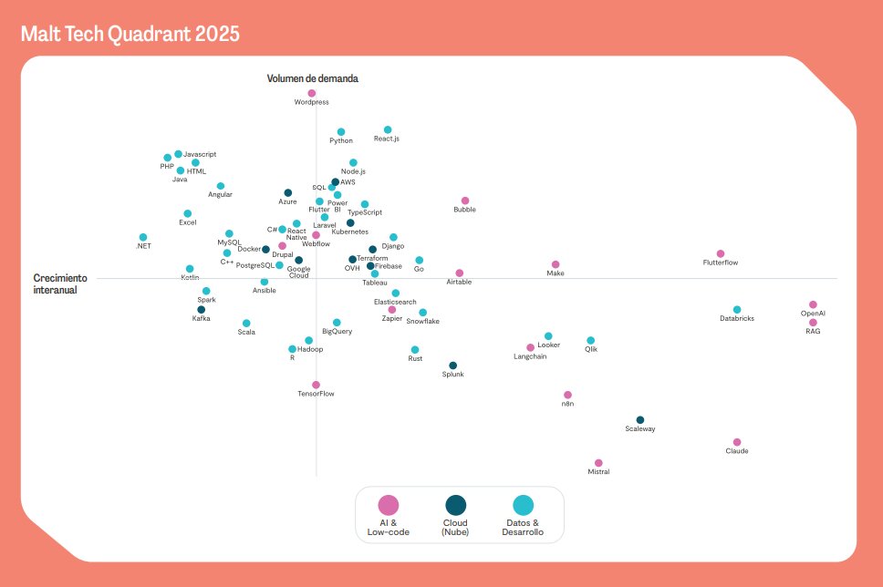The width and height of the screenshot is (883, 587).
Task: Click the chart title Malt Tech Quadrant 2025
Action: pos(130,35)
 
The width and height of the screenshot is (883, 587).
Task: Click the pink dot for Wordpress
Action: pos(312,93)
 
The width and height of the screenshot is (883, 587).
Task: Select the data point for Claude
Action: pos(737,442)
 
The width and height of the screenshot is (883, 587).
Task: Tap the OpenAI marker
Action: pos(813,304)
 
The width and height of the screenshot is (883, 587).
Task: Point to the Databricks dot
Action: pos(737,310)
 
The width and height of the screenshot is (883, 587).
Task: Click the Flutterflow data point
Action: pos(721,253)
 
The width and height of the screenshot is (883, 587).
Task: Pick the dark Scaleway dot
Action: pos(640,420)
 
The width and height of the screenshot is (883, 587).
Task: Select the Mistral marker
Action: pos(598,463)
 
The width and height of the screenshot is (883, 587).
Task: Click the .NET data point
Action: pos(143,237)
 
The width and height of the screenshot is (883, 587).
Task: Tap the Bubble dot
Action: pos(465,201)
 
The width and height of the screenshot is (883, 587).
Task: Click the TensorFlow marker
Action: pos(316,385)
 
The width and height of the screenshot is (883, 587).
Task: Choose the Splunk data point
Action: pos(453,366)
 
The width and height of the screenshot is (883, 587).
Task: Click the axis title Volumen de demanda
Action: pos(312,78)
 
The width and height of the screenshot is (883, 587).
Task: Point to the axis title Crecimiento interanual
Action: pos(60,283)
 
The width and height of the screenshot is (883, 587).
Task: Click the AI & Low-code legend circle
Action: pos(389,505)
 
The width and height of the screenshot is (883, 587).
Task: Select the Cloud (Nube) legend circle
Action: pos(455,505)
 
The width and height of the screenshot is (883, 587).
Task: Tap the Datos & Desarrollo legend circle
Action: pos(523,505)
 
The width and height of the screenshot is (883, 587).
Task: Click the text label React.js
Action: pos(387,139)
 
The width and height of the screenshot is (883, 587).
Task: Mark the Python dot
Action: pos(341,132)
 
